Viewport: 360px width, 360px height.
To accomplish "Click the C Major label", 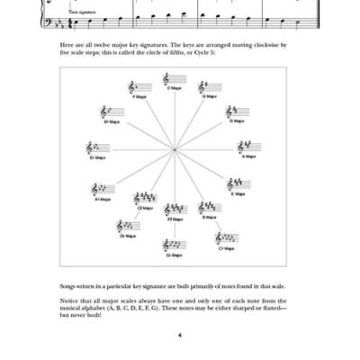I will coord(172,88).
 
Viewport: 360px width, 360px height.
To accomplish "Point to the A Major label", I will coord(249,156).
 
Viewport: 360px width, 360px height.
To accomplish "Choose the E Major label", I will coord(238,193).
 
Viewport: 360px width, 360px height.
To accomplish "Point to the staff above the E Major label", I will coord(238,184).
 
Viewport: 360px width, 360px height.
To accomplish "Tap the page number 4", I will coord(180,336).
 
